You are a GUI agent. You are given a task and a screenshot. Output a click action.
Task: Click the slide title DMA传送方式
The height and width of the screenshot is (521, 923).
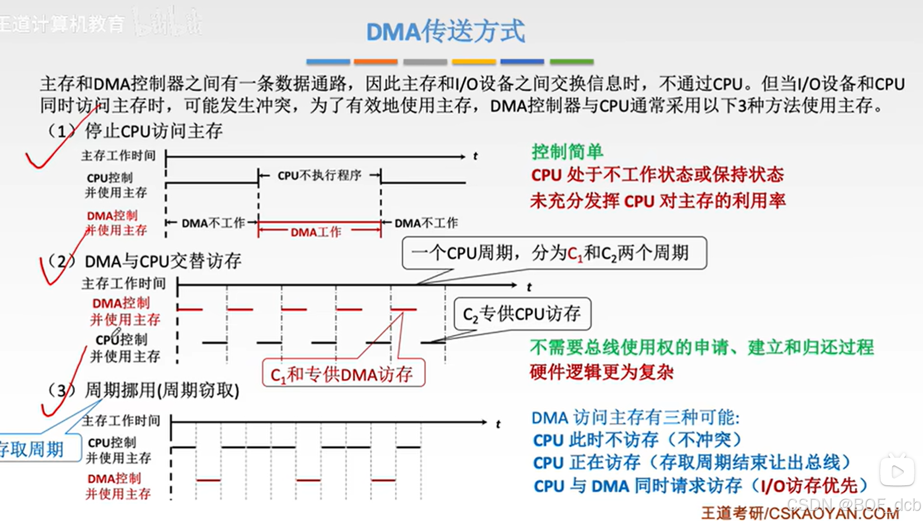(x=445, y=31)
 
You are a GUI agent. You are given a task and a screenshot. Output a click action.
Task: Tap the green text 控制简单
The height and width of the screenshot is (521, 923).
(x=567, y=152)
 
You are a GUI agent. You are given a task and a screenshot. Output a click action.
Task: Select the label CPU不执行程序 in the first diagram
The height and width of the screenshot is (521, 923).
(x=319, y=176)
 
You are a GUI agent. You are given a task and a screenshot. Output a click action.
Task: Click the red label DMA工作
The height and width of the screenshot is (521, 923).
(x=316, y=232)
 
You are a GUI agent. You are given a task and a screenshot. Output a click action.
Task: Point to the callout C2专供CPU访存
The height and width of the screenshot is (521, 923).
(x=522, y=314)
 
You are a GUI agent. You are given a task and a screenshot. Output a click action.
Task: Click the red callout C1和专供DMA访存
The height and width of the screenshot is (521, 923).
(x=342, y=374)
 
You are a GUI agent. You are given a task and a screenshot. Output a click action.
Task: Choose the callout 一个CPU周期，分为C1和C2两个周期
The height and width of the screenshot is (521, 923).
(x=553, y=253)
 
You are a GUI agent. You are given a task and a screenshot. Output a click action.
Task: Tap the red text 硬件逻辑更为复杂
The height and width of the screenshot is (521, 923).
(x=601, y=373)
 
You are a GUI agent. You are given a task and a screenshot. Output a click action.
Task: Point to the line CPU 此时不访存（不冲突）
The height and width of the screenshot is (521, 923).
(x=637, y=440)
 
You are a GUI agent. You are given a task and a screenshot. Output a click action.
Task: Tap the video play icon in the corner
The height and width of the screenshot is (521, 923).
(x=897, y=471)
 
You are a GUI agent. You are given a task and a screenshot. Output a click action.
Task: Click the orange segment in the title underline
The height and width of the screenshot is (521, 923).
(x=376, y=62)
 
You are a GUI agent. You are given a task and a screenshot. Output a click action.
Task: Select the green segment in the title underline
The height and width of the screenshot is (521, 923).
(x=572, y=62)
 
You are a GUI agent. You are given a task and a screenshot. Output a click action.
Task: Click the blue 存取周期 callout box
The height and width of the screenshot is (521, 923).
(x=35, y=449)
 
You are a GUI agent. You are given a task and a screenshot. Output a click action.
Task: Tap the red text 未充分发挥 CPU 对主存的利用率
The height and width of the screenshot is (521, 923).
(x=658, y=201)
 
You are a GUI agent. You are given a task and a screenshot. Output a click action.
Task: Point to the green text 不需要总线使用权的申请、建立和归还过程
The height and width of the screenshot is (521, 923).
(x=701, y=347)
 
